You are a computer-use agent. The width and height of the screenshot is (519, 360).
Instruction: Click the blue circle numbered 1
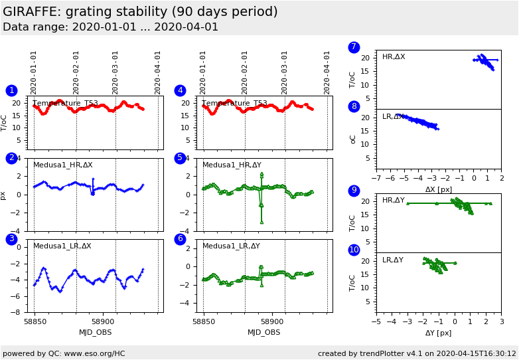[11, 90]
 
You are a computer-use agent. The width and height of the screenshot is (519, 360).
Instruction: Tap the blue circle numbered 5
[180, 158]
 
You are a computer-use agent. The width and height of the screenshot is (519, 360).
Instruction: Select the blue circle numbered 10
[354, 250]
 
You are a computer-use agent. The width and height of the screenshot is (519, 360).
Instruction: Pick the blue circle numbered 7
[354, 47]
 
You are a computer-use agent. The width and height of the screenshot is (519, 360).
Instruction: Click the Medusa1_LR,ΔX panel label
[62, 246]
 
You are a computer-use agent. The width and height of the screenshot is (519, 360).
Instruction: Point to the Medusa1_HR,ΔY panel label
[232, 165]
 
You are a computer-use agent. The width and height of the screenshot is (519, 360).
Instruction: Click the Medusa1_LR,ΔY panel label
[231, 246]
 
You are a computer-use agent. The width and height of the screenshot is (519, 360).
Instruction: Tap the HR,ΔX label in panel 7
[394, 57]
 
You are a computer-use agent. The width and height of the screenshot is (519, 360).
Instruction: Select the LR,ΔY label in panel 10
[393, 260]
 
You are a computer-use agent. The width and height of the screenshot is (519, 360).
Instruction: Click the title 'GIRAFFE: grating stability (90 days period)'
[140, 12]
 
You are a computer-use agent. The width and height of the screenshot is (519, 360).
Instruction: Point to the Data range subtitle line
[110, 27]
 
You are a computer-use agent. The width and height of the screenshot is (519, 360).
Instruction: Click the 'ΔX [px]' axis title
[439, 189]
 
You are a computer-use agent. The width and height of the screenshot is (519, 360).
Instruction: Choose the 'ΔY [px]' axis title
[438, 333]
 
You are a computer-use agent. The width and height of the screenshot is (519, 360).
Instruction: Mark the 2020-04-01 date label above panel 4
[327, 72]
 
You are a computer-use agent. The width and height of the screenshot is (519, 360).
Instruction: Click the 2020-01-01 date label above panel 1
[34, 72]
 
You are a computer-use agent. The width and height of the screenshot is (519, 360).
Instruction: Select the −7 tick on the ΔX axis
[376, 179]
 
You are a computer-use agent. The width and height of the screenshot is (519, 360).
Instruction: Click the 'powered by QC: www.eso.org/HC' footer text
[64, 353]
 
